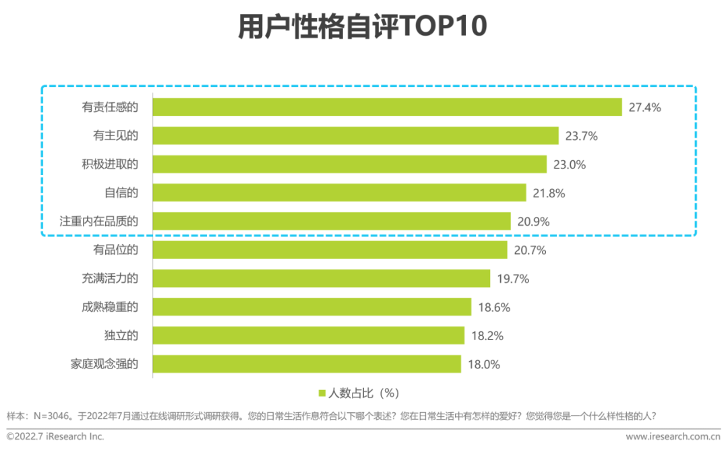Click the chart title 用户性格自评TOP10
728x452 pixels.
(x=362, y=28)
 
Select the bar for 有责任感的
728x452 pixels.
(x=387, y=107)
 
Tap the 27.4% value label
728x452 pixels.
(x=645, y=107)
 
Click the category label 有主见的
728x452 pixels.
(x=115, y=136)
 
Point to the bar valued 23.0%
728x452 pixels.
(x=349, y=164)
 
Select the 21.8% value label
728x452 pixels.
(x=549, y=193)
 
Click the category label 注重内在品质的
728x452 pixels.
(x=99, y=222)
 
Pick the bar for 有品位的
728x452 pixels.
(x=330, y=251)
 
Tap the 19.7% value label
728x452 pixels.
(x=513, y=279)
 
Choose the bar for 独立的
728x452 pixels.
(x=308, y=335)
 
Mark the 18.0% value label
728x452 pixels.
(x=484, y=364)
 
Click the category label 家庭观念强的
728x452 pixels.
(x=104, y=364)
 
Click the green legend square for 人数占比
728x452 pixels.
(x=322, y=393)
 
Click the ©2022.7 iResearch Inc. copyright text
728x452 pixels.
(x=55, y=437)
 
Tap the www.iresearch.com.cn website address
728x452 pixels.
(x=673, y=437)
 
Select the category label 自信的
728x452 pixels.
(x=121, y=193)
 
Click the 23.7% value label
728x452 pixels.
(x=582, y=136)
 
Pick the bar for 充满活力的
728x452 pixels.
(x=321, y=279)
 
